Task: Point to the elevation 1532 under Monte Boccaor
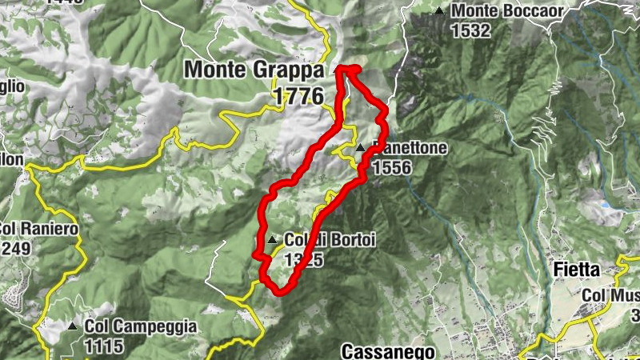point(470,31)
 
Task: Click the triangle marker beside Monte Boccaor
point(439,11)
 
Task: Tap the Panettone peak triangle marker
point(361,147)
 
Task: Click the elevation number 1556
point(391,167)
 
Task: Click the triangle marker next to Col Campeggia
point(73,326)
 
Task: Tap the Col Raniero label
point(38,229)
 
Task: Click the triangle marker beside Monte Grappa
point(336,70)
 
